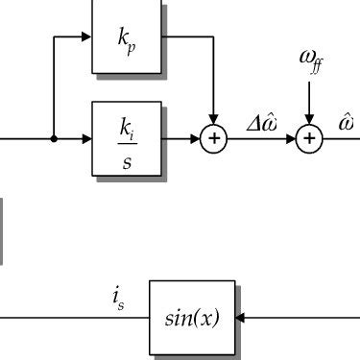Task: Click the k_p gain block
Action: click(x=127, y=37)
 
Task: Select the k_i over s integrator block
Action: click(x=127, y=139)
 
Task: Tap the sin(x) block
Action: click(x=192, y=317)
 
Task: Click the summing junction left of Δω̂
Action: click(x=214, y=139)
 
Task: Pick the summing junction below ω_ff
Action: click(x=309, y=139)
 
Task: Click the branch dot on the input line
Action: click(x=54, y=139)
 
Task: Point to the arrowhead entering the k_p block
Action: click(x=87, y=37)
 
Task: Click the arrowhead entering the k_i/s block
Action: click(x=87, y=139)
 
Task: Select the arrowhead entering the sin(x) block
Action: click(x=240, y=317)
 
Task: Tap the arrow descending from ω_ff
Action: click(x=309, y=106)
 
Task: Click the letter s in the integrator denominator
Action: click(x=127, y=158)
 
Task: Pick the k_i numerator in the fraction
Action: click(x=127, y=125)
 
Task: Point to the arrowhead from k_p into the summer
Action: click(x=214, y=121)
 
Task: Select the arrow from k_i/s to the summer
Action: click(x=182, y=139)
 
